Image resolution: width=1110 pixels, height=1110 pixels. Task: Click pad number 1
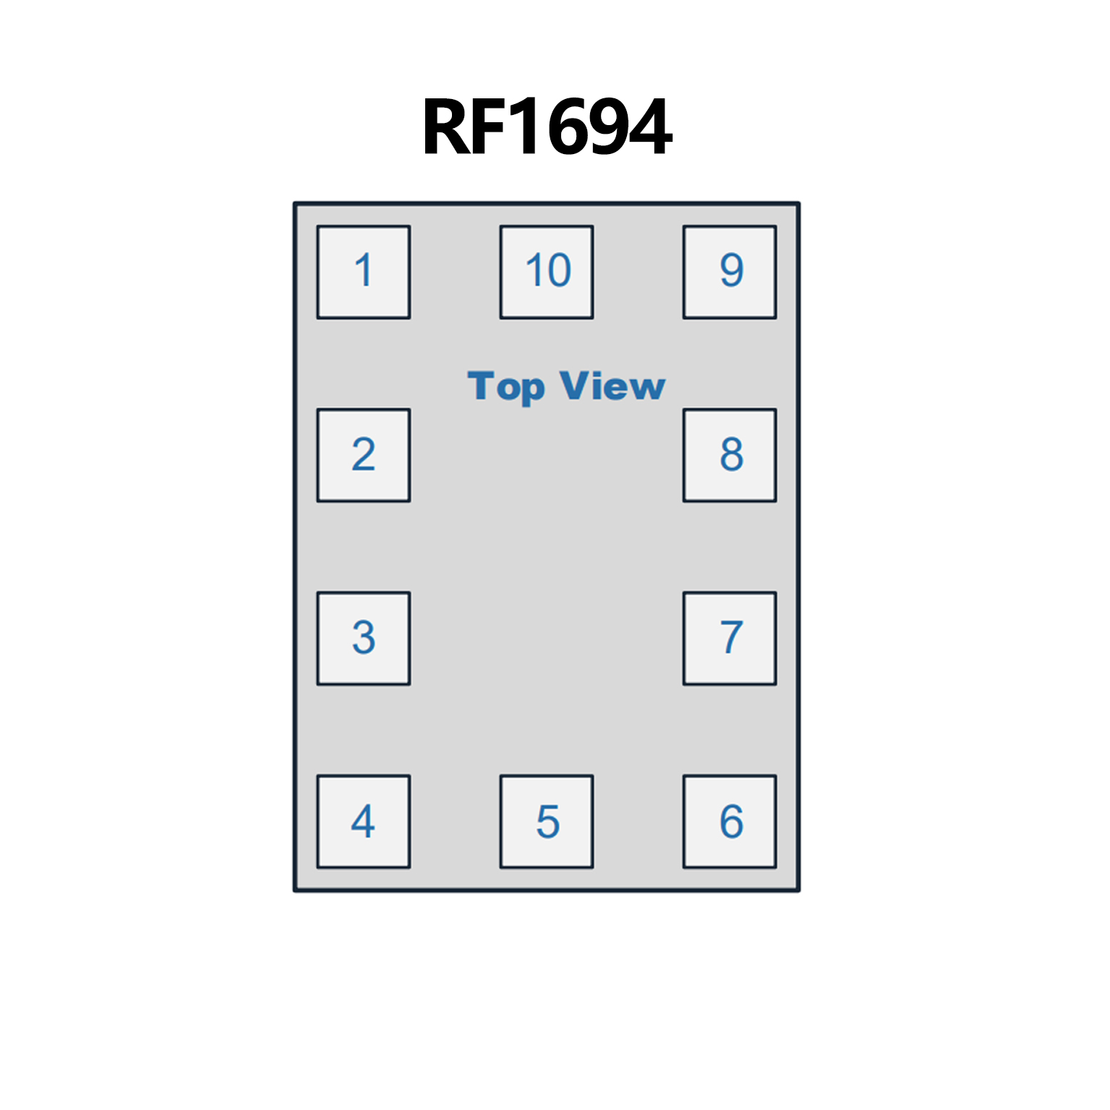364,272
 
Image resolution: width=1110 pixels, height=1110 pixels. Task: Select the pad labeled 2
364,455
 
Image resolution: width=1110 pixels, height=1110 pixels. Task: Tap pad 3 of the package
364,638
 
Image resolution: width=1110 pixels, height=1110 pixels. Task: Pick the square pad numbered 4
364,821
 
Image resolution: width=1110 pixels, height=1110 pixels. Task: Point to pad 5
547,821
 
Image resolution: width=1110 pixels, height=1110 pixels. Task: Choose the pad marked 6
730,821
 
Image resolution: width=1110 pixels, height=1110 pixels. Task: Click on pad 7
730,638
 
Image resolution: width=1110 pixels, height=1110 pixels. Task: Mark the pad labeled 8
730,455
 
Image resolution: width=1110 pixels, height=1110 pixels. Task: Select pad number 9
730,272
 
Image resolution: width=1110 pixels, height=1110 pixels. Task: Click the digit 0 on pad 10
558,270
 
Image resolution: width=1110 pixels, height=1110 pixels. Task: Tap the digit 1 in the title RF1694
524,128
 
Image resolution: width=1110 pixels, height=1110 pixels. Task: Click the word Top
505,386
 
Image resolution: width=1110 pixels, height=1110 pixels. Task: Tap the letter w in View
645,388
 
